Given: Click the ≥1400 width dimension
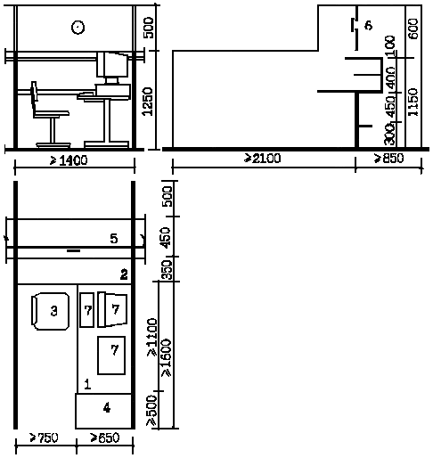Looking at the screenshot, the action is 69,160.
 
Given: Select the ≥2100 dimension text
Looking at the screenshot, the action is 262,159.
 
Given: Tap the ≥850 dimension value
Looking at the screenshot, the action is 388,159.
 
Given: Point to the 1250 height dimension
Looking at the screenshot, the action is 148,102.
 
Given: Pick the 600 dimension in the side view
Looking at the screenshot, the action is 413,29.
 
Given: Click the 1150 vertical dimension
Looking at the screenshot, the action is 413,102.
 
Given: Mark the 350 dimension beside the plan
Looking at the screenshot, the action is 167,270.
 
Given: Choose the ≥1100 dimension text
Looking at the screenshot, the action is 152,337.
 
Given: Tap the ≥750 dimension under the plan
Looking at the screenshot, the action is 45,438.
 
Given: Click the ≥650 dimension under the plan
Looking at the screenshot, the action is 105,438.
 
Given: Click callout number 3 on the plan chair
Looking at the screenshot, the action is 53,311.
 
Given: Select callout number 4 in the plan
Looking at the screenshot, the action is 107,407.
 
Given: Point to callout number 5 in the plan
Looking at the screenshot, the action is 114,239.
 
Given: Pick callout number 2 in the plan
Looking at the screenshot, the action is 124,274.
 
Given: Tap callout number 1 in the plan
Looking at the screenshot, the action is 87,384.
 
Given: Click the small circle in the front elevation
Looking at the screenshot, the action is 78,28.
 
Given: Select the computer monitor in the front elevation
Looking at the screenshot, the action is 113,64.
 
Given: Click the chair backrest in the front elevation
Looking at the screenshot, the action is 34,95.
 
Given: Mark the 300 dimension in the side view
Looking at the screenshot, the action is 389,135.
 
